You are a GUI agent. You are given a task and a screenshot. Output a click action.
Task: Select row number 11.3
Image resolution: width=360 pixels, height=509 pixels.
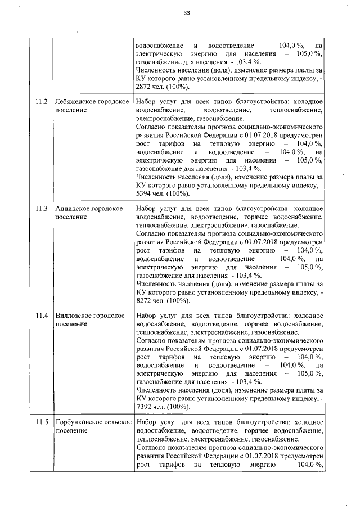[41, 209]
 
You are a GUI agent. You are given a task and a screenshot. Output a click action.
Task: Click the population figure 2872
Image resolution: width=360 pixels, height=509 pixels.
[145, 87]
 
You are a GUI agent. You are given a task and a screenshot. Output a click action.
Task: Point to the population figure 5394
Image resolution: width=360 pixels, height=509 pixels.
[145, 193]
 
